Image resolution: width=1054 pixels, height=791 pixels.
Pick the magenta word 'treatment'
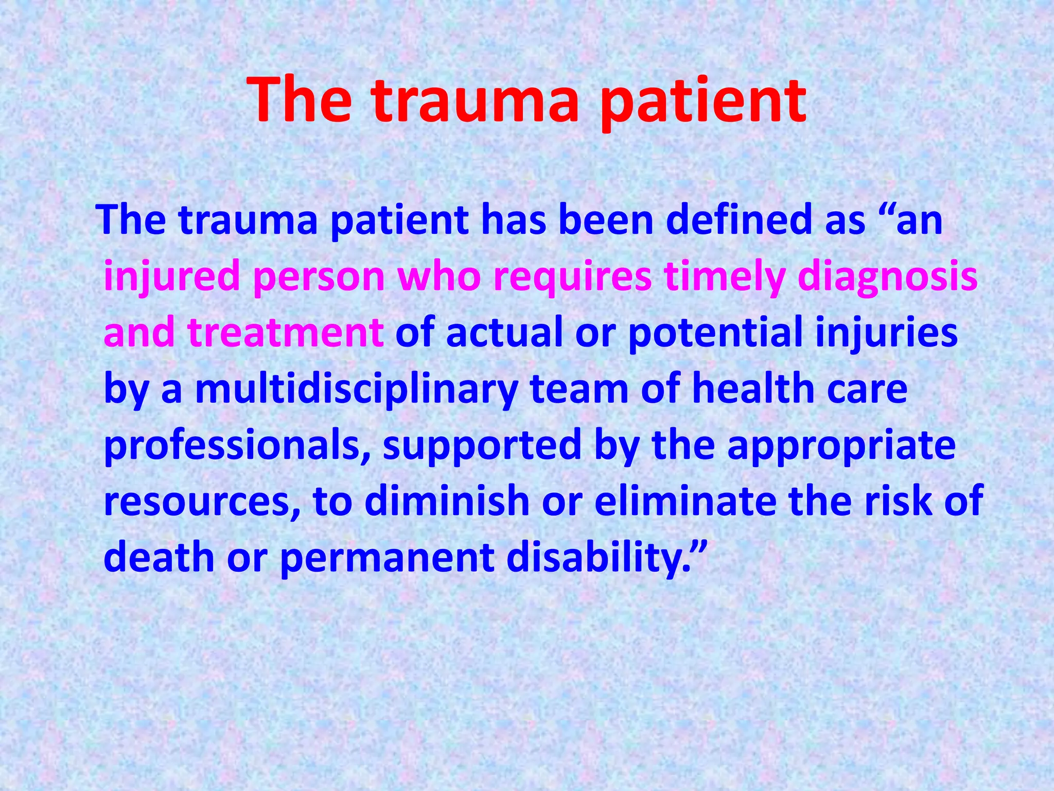point(286,332)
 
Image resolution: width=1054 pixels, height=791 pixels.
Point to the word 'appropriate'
point(841,445)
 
